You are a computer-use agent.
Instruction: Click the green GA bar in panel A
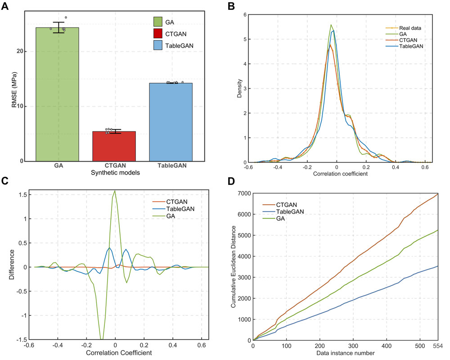(x=58, y=94)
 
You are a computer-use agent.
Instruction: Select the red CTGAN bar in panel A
(x=114, y=146)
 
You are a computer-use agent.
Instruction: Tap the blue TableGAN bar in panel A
(x=170, y=121)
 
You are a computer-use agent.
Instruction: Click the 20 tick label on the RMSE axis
(x=21, y=51)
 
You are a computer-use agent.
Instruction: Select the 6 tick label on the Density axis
(x=244, y=15)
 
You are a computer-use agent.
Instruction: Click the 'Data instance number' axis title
(x=345, y=353)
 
